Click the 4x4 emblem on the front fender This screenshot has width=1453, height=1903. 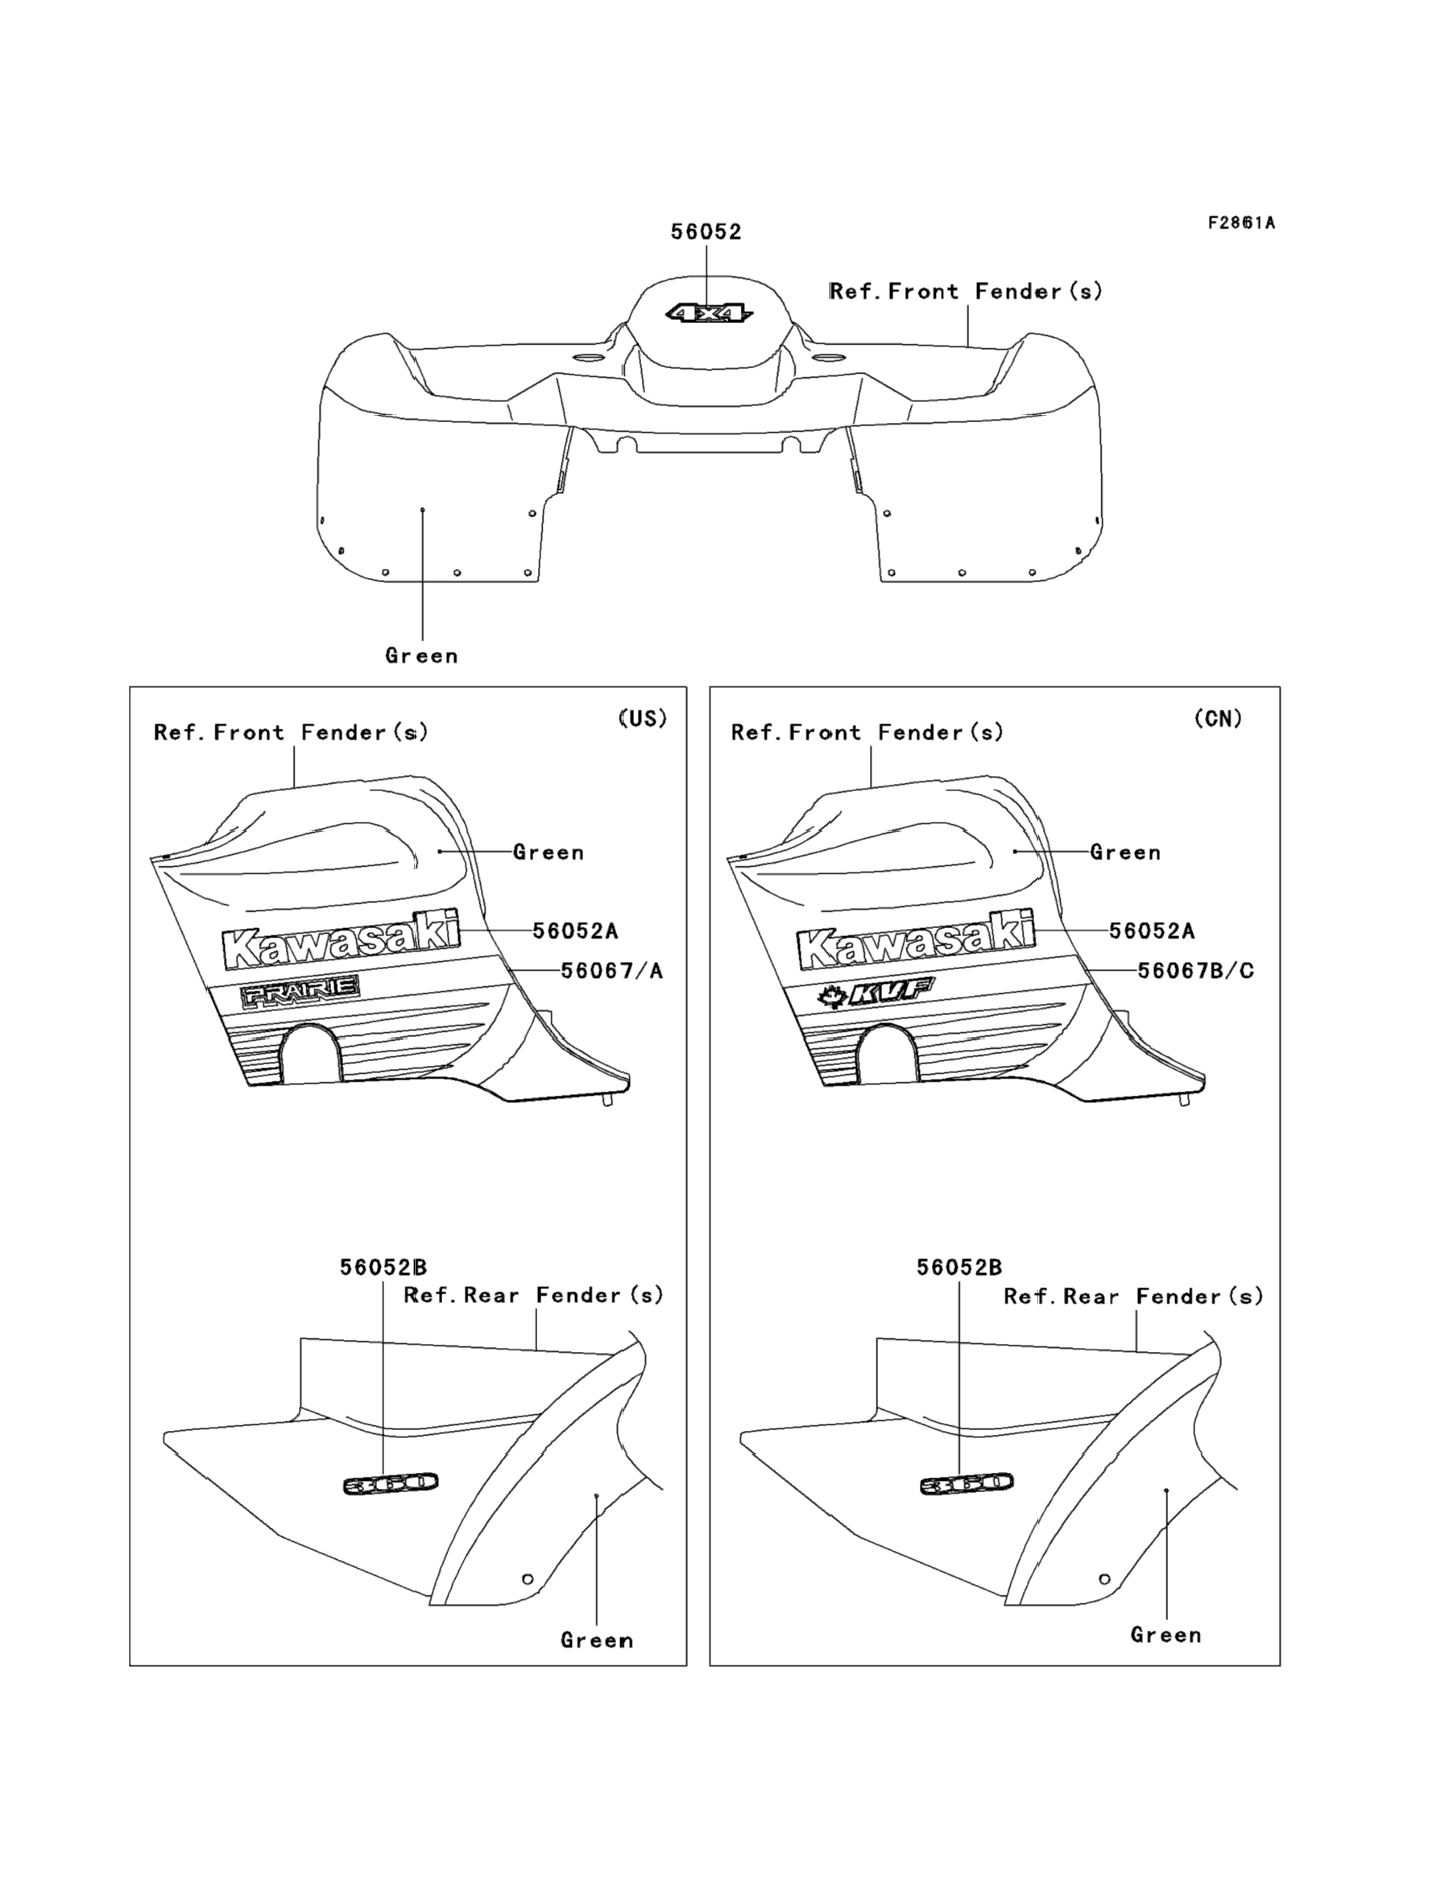[708, 313]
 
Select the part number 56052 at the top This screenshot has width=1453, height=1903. [706, 232]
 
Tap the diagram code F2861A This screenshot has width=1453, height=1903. [1241, 223]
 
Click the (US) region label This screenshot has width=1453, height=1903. [643, 719]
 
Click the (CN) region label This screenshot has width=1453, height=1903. [1218, 719]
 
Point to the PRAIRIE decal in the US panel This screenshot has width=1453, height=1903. [300, 991]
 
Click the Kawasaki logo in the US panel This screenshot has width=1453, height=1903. [341, 939]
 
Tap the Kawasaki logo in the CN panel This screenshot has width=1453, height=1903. [917, 939]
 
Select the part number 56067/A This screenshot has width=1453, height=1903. [611, 971]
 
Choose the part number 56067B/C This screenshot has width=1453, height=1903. [1195, 971]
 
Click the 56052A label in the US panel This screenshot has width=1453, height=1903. [575, 931]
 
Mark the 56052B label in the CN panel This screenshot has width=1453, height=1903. [959, 1267]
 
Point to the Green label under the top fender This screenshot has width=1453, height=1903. [421, 656]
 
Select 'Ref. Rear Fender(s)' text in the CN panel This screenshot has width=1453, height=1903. [1133, 1296]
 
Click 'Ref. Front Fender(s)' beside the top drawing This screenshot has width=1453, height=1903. [966, 292]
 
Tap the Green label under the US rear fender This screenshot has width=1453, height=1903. [597, 1640]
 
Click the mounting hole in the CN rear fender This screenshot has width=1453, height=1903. [1104, 1578]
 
